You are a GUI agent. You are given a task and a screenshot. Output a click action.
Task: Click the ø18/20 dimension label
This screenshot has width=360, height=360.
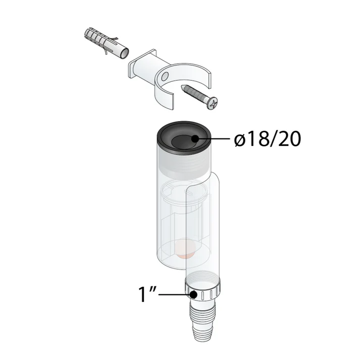(x=268, y=139)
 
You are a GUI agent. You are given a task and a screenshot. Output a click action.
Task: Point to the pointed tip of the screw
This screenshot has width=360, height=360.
(x=182, y=86)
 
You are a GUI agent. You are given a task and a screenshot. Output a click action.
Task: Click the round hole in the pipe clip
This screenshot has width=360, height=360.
(x=164, y=76)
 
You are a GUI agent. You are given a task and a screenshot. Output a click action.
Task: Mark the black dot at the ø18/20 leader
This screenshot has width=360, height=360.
(x=195, y=139)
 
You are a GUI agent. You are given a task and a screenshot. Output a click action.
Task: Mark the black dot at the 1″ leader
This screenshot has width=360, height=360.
(x=193, y=294)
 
